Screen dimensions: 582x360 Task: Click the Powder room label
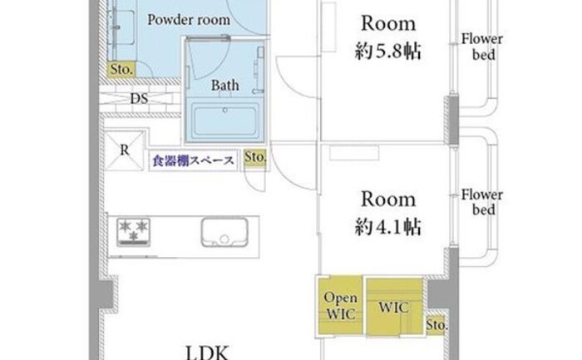pyautogui.click(x=189, y=20)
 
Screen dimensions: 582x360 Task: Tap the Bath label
pyautogui.click(x=225, y=86)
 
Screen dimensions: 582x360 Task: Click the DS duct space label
pyautogui.click(x=139, y=98)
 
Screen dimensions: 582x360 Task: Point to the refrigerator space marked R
pyautogui.click(x=125, y=150)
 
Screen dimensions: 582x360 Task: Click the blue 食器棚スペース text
pyautogui.click(x=193, y=160)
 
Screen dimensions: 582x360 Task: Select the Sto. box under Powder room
pyautogui.click(x=121, y=69)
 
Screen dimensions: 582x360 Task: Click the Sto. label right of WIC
pyautogui.click(x=436, y=325)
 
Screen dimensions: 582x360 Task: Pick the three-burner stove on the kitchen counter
pyautogui.click(x=134, y=232)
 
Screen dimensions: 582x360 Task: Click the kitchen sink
pyautogui.click(x=224, y=232)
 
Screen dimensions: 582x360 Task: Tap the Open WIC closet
pyautogui.click(x=340, y=306)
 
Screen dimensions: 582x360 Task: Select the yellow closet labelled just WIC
pyautogui.click(x=395, y=308)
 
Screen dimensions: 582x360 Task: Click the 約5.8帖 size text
pyautogui.click(x=388, y=52)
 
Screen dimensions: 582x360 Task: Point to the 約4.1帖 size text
pyautogui.click(x=388, y=227)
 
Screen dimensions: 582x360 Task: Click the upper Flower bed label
pyautogui.click(x=482, y=47)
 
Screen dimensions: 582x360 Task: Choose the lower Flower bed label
pyautogui.click(x=482, y=202)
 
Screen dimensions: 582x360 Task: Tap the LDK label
pyautogui.click(x=207, y=353)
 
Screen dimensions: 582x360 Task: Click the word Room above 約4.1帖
pyautogui.click(x=388, y=200)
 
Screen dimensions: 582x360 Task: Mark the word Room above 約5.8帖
pyautogui.click(x=388, y=23)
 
